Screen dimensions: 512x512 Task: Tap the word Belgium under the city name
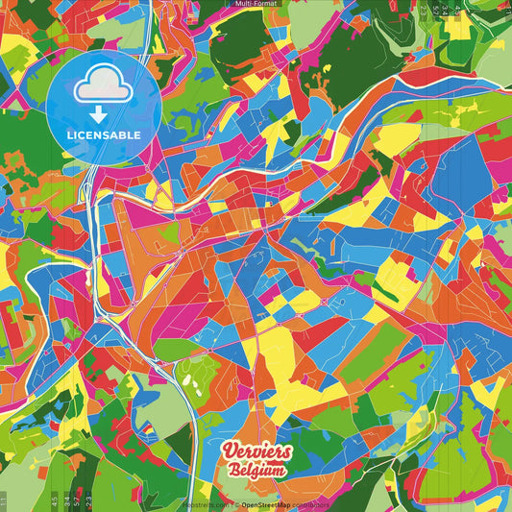point(256,471)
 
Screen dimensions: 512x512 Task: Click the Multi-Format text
point(256,4)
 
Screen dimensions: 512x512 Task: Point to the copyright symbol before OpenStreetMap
point(235,503)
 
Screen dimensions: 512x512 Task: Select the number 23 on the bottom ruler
point(88,500)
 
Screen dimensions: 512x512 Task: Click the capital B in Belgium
point(234,471)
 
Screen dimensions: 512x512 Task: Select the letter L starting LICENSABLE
point(70,134)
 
